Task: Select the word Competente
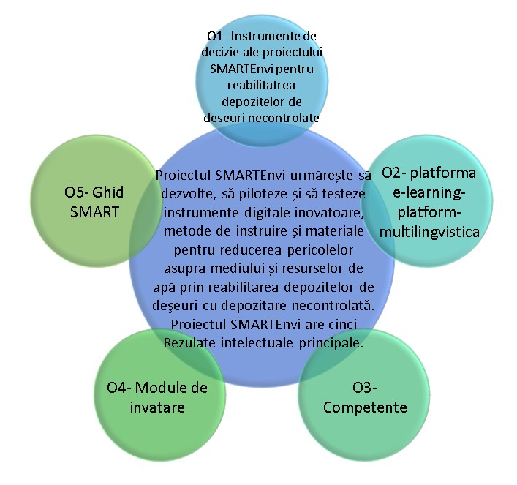pyautogui.click(x=366, y=407)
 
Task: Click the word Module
pyautogui.click(x=162, y=388)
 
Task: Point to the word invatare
pyautogui.click(x=154, y=407)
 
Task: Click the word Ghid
pyautogui.click(x=109, y=192)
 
